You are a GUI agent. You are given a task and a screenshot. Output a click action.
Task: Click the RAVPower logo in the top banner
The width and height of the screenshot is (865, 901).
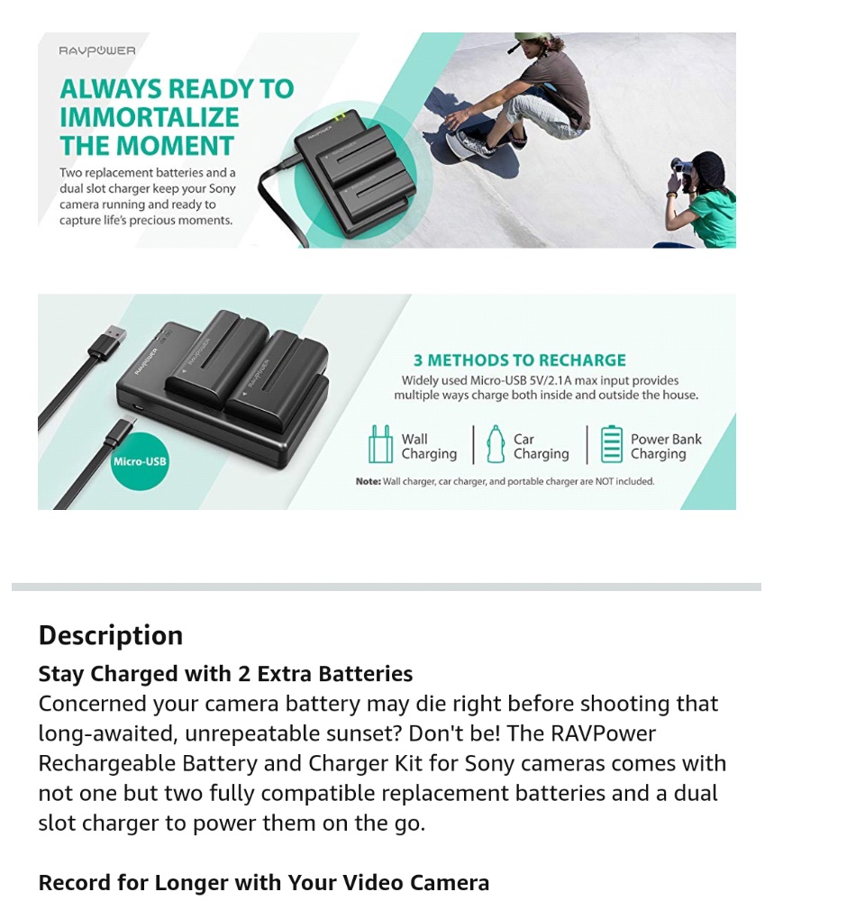tap(97, 51)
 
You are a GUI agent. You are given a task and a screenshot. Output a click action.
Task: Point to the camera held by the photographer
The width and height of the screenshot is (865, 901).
tap(682, 167)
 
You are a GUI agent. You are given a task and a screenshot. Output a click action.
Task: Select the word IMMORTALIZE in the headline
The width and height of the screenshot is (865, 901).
tap(150, 117)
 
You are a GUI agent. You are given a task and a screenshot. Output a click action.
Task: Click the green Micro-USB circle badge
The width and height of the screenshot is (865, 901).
tap(140, 461)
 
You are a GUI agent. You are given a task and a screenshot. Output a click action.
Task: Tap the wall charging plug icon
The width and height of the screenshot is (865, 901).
tap(380, 444)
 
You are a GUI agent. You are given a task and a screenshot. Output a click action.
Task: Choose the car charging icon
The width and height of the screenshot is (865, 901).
tap(495, 444)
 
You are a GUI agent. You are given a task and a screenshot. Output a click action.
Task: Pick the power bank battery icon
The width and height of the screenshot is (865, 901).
tap(612, 444)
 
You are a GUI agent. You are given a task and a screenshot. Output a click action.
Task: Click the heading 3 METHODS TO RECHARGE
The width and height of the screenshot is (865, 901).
tap(519, 360)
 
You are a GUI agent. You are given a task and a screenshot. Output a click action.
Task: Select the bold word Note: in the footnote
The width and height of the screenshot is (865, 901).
tap(368, 481)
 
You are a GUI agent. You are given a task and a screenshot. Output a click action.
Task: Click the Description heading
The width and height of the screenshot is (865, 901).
tap(110, 635)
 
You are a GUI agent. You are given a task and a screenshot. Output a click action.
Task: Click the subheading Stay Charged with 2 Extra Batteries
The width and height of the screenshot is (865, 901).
tap(225, 674)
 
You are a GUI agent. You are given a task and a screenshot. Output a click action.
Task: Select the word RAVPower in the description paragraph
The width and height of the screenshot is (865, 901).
tap(599, 733)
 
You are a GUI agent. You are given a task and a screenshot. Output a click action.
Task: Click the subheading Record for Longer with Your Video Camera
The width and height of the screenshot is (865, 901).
tap(263, 883)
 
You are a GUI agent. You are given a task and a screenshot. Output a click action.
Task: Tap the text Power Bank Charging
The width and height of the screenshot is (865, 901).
tap(665, 447)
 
